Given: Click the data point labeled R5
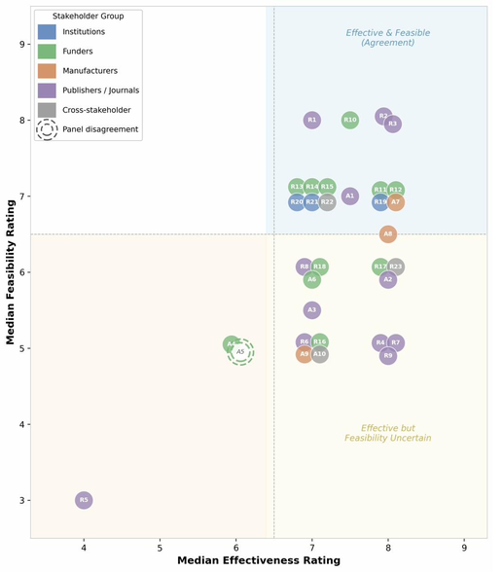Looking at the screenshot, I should coord(84,500).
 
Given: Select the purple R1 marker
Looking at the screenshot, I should coord(311,120).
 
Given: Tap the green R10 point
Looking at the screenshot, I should coord(350,120).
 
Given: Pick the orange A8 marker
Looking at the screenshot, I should coord(388,233).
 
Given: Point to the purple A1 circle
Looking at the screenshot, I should coord(350,197).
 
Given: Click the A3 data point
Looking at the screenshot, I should coord(311,310).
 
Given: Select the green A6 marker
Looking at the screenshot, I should coord(311,279).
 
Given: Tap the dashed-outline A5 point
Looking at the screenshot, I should coord(240,351).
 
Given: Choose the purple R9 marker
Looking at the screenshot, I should coord(388,356).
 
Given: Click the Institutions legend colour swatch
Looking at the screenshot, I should coord(47,33).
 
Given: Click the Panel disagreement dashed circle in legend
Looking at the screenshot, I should coord(47,129).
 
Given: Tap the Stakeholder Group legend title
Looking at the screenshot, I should coord(87,16).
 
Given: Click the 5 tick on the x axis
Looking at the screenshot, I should coord(160,547).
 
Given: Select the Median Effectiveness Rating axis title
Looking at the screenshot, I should coord(258,561).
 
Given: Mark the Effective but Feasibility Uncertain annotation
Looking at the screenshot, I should coord(387,433).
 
